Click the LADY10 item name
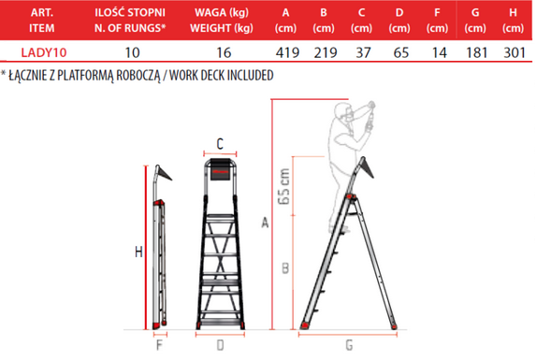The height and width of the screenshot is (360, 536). tap(44, 52)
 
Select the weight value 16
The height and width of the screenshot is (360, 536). tap(224, 52)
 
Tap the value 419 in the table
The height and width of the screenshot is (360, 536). tap(287, 52)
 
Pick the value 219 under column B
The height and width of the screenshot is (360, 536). tap(326, 52)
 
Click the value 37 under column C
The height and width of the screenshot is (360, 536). tap(363, 52)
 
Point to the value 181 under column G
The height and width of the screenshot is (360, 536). tap(476, 52)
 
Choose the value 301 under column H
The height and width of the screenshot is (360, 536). tap(514, 52)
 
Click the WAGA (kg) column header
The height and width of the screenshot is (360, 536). tap(222, 13)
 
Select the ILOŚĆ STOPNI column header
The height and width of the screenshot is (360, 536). tap(130, 13)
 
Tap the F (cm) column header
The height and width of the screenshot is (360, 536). tap(437, 21)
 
